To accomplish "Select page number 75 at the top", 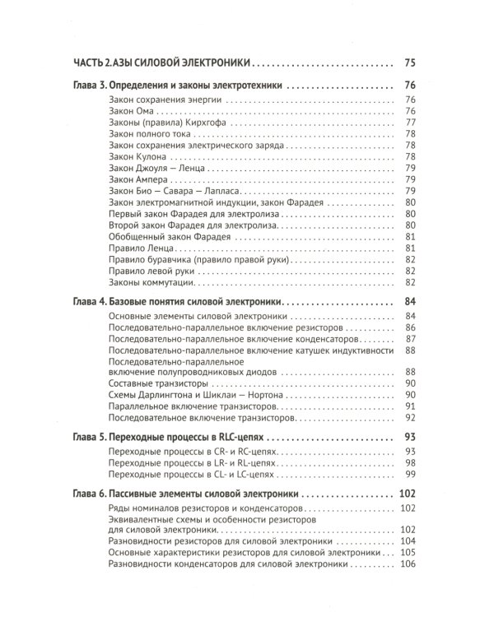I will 412,62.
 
